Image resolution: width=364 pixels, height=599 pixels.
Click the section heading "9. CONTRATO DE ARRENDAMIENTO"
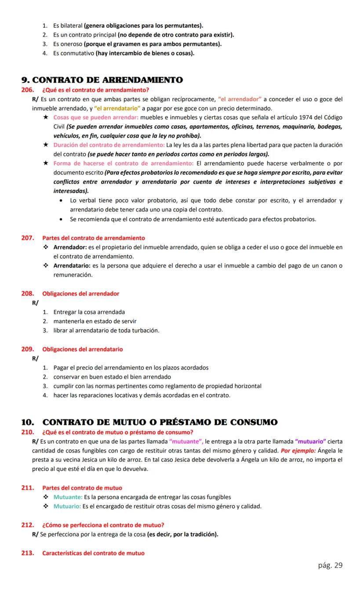102,80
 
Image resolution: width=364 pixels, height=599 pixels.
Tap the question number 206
27,90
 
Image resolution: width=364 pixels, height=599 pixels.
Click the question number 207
27,238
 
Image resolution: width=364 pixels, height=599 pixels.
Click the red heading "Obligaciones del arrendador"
80,294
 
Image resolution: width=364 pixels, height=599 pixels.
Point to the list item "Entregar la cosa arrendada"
89,312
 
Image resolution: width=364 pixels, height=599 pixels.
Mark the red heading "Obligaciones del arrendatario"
83,349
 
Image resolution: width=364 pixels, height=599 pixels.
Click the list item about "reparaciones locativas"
142,395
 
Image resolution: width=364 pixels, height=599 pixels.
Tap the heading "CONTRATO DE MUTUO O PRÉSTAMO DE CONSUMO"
160,422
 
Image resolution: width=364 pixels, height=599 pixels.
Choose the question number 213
27,553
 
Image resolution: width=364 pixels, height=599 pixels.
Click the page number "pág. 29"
330,565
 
